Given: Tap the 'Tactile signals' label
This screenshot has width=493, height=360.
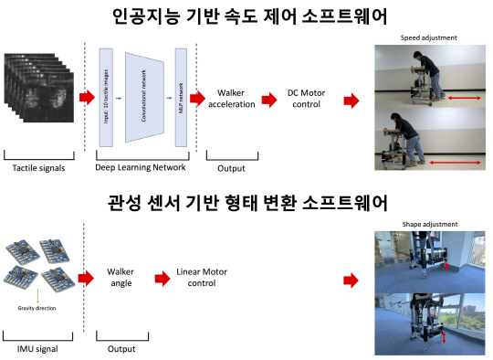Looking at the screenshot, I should pos(38,167).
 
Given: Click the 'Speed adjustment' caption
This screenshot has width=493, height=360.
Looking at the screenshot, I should pos(428,37).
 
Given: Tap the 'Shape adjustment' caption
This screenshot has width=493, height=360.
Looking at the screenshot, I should pos(429,224).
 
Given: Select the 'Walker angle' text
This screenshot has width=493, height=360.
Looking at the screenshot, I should pos(121,279).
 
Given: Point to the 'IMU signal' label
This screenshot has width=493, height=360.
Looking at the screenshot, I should pos(38,348).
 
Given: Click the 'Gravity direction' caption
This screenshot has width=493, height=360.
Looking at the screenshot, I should pos(38,309).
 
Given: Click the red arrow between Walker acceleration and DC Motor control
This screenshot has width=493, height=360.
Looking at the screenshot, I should pos(269,100).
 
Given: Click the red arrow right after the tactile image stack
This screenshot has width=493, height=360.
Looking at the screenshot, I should pos(85,97).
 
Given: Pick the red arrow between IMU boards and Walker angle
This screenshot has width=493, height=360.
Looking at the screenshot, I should pos(87,279).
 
